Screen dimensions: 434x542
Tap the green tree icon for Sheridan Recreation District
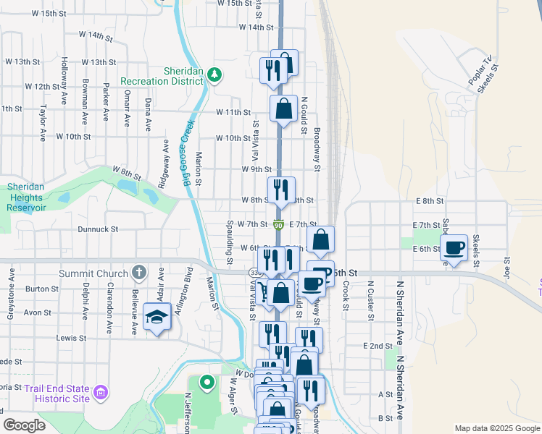pos(214,75)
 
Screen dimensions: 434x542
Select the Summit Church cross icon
pos(140,273)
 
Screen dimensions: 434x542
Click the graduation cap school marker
pos(157,317)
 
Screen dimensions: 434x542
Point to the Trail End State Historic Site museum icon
pos(101,393)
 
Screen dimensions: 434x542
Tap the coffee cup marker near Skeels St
pos(454,248)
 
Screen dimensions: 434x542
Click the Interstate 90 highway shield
pos(279,225)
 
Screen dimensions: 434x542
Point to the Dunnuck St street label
pos(97,229)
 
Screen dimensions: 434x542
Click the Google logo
pos(24,425)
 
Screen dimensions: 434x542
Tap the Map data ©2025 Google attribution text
pos(496,428)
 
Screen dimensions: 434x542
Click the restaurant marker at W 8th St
pos(281,190)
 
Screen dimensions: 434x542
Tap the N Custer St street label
pos(370,300)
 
